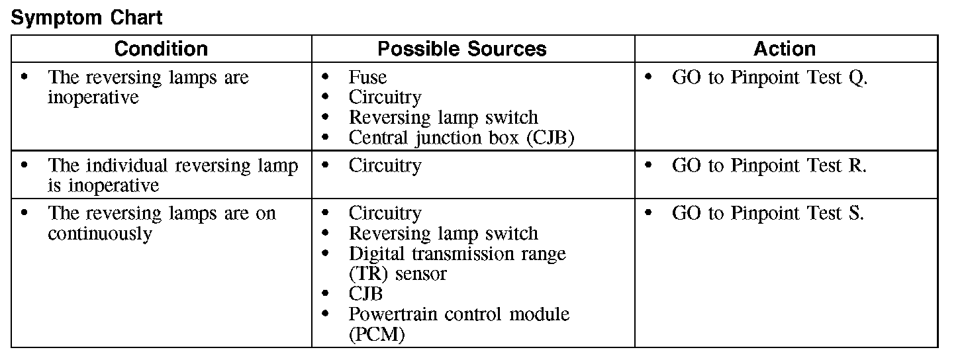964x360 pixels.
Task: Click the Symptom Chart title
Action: click(x=87, y=18)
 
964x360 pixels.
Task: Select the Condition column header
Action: click(x=161, y=49)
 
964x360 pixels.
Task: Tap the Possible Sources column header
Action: click(x=462, y=49)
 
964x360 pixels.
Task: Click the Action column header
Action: click(x=785, y=49)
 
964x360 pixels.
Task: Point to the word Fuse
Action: click(x=367, y=77)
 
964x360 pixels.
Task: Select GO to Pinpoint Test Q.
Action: click(x=769, y=77)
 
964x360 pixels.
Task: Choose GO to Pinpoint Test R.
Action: click(x=769, y=165)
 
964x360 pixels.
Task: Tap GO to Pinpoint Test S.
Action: click(x=768, y=214)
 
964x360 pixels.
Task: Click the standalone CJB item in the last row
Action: click(x=365, y=294)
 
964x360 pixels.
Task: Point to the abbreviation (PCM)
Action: click(x=377, y=335)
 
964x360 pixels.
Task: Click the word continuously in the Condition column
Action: click(x=100, y=234)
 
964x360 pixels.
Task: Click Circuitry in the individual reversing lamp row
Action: click(x=385, y=165)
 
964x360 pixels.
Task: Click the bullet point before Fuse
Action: click(x=324, y=77)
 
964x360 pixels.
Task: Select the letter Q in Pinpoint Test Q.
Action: click(x=855, y=78)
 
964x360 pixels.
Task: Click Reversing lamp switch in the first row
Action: click(x=444, y=118)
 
